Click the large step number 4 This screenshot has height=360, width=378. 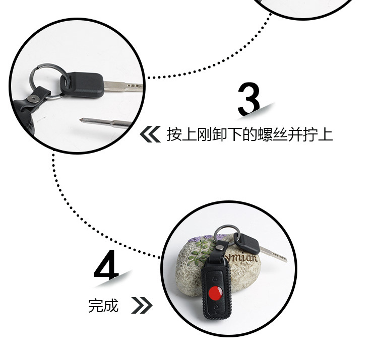(x=106, y=265)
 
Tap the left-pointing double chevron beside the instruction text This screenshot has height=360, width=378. (x=150, y=134)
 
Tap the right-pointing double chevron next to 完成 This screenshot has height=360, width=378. (x=142, y=305)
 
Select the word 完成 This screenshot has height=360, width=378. (x=103, y=305)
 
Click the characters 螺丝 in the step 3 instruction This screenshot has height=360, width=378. (x=272, y=134)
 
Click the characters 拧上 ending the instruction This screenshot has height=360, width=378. (x=319, y=134)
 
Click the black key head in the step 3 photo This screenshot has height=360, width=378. (x=84, y=85)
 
